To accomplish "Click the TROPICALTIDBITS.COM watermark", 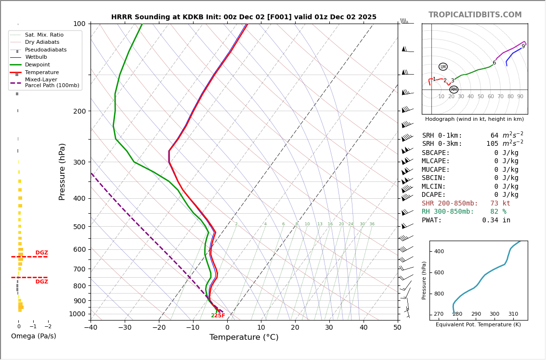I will tap(475, 15).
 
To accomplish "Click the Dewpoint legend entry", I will tap(37, 65).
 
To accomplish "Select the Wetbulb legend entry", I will tap(36, 57).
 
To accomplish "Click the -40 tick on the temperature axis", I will tap(91, 328).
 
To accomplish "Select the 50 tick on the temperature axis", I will tap(397, 328).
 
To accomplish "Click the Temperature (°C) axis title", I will tap(244, 337).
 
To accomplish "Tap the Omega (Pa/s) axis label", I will tap(33, 336).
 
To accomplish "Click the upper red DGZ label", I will tap(42, 253).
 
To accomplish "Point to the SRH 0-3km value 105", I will tap(492, 144).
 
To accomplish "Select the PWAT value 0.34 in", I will tap(496, 220).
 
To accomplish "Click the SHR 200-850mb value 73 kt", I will tap(500, 204).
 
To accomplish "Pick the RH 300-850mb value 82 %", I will tap(498, 212).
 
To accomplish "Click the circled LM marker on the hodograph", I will tap(443, 67).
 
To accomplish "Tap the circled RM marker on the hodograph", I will tap(454, 90).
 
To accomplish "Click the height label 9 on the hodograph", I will tap(523, 47).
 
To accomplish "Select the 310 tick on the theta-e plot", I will tap(513, 314).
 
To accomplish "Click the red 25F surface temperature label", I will tap(220, 316).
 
